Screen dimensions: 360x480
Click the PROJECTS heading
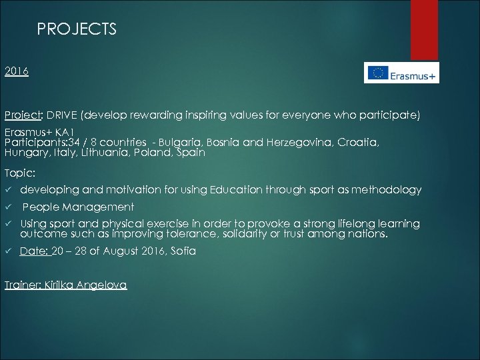click(77, 29)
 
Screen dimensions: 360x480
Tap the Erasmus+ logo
click(401, 73)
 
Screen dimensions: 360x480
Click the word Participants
click(32, 143)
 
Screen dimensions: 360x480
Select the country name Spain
click(191, 152)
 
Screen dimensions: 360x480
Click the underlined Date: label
click(35, 251)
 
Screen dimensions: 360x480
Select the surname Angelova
click(101, 285)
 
